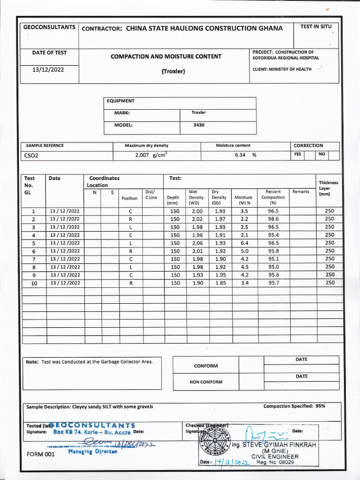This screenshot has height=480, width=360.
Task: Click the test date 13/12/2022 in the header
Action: [x=48, y=69]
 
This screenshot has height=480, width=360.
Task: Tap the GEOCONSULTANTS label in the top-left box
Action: [x=49, y=28]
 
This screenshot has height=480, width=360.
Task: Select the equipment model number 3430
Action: [x=199, y=125]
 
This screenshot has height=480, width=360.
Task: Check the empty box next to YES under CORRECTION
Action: [x=309, y=155]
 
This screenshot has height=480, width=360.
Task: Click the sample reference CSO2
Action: [x=31, y=156]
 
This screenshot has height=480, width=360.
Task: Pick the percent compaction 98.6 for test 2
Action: [x=273, y=219]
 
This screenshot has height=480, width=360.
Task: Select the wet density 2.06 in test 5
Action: [x=197, y=243]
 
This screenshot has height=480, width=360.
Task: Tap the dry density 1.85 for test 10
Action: [x=220, y=283]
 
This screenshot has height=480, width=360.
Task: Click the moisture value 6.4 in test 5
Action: [x=244, y=243]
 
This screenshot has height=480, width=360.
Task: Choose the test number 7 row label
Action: [x=34, y=259]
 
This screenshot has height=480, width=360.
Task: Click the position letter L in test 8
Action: [x=130, y=267]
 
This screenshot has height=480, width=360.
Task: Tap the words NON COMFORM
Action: [x=206, y=382]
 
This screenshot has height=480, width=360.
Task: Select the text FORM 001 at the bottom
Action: [x=41, y=454]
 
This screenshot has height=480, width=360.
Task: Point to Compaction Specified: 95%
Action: [x=294, y=406]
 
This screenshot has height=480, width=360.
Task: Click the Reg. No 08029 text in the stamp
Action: [x=275, y=462]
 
